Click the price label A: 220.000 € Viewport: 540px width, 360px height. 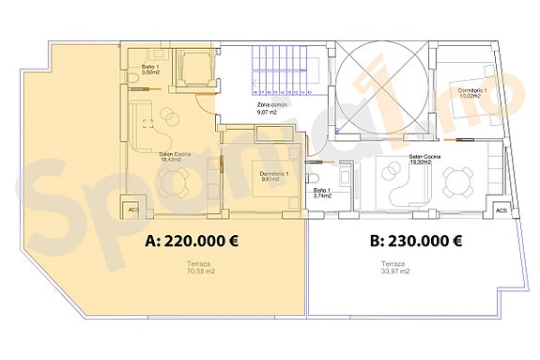click(191, 240)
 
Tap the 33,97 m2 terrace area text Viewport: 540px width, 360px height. click(394, 268)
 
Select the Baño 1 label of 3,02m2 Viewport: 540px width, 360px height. click(151, 69)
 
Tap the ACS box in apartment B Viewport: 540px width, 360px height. click(501, 211)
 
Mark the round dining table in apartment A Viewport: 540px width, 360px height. click(168, 117)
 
